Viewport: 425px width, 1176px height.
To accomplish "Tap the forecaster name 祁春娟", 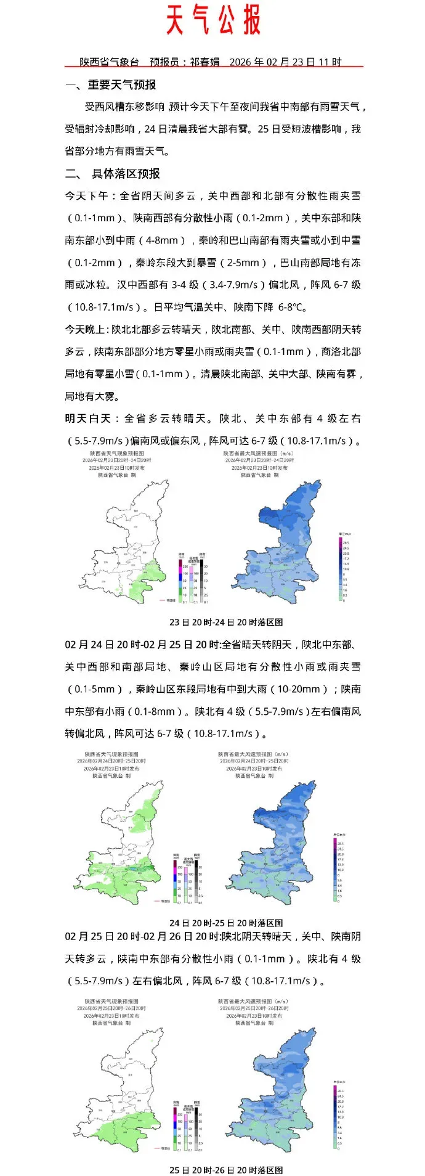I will coord(204,62).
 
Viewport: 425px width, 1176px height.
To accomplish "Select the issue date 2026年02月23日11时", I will coord(285,62).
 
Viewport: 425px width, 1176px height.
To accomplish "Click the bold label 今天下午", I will coord(86,196).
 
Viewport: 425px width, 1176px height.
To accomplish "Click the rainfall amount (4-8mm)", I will coord(166,240).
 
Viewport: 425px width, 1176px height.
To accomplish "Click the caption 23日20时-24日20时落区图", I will coord(226,622).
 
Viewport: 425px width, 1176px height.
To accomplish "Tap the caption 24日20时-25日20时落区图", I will coord(226,923).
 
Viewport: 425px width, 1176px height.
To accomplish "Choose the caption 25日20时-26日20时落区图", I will coord(226,1169).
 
